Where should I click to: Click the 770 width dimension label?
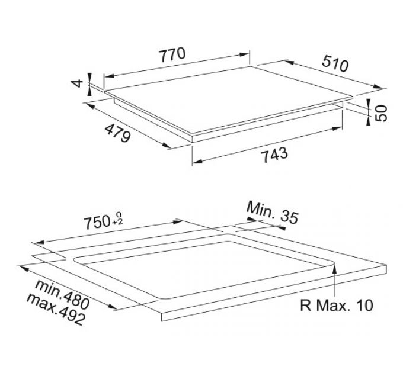pyautogui.click(x=172, y=54)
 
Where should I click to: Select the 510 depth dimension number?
pyautogui.click(x=335, y=63)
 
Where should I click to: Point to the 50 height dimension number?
pyautogui.click(x=381, y=113)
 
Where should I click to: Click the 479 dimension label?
pyautogui.click(x=118, y=133)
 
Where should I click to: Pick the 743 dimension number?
pyautogui.click(x=274, y=155)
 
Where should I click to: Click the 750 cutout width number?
pyautogui.click(x=97, y=223)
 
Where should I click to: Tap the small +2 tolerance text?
pyautogui.click(x=117, y=222)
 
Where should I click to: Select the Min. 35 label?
pyautogui.click(x=273, y=213)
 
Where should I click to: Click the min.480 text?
pyautogui.click(x=62, y=295)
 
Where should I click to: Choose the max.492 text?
pyautogui.click(x=56, y=309)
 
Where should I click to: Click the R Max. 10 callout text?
pyautogui.click(x=337, y=306)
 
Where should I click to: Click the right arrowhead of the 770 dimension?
pyautogui.click(x=244, y=54)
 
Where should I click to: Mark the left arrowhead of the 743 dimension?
pyautogui.click(x=197, y=161)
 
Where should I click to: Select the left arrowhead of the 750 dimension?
pyautogui.click(x=39, y=242)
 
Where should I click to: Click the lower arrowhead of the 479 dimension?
pyautogui.click(x=166, y=146)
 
